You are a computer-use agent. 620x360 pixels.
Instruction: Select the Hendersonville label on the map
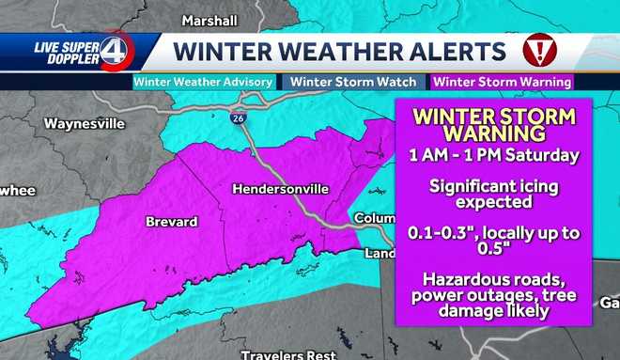pos(280,189)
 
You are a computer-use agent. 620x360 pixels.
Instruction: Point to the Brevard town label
pos(171,222)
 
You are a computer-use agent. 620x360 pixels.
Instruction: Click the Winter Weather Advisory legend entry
pos(204,82)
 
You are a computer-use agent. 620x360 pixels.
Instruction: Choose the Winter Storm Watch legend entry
pos(353,82)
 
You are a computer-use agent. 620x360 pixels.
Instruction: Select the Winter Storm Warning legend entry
pos(503,82)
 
